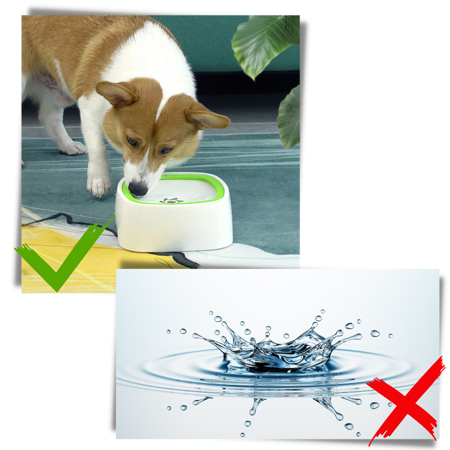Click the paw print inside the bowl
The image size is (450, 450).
171,200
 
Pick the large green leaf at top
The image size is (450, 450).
264,42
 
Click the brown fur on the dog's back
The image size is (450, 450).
73,34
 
